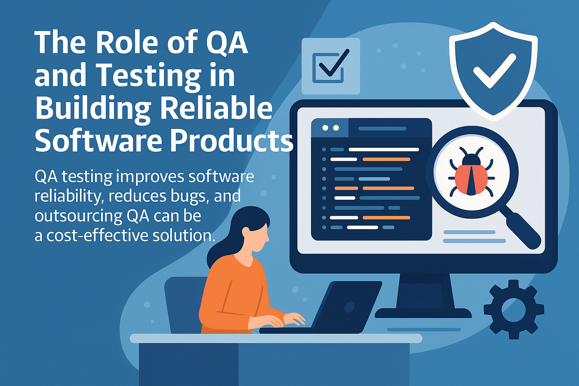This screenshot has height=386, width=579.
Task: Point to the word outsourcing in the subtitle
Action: [x=78, y=216]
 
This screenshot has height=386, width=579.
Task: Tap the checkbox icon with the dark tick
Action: [x=330, y=66]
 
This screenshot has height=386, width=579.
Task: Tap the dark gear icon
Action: [x=513, y=309]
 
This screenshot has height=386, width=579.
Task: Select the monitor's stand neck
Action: [x=424, y=290]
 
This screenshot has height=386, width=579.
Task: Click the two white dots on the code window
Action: [x=330, y=128]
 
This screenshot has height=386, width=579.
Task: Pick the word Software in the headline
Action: [x=98, y=141]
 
